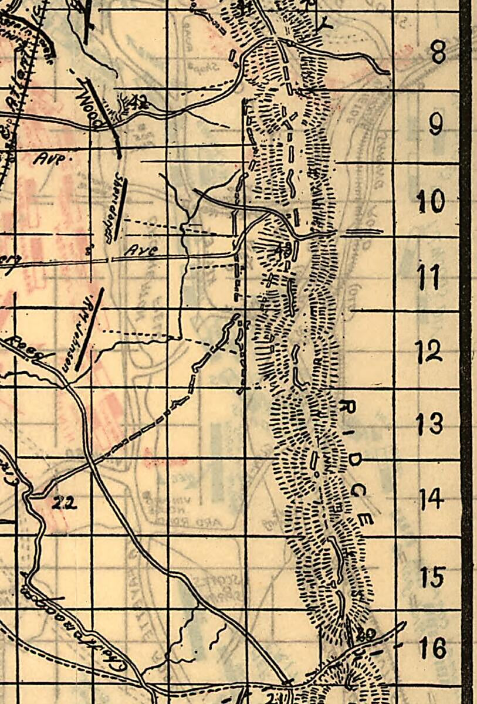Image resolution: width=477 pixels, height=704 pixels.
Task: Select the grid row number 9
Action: click(x=436, y=124)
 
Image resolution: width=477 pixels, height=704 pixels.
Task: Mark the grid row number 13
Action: click(x=429, y=423)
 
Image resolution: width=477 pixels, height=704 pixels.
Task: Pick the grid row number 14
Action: click(x=431, y=499)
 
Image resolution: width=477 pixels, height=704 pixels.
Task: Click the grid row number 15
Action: click(x=433, y=577)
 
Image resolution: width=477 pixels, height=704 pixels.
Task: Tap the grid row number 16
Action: click(x=433, y=649)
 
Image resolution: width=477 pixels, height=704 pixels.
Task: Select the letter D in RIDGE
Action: click(x=354, y=461)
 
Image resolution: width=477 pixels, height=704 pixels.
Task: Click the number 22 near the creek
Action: click(x=64, y=503)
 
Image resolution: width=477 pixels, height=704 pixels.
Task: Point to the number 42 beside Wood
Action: click(x=138, y=102)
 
